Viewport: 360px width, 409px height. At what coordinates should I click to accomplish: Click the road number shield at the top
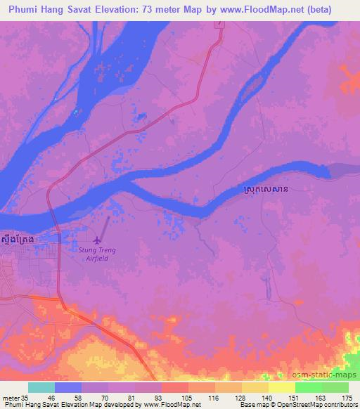tap(220, 23)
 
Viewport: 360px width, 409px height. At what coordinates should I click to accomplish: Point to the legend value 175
tap(348, 397)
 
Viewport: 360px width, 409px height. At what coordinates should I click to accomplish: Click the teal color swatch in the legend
tap(41, 387)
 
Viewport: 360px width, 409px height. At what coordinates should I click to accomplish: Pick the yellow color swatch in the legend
tap(281, 387)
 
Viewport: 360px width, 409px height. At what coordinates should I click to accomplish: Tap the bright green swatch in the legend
tap(308, 387)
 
